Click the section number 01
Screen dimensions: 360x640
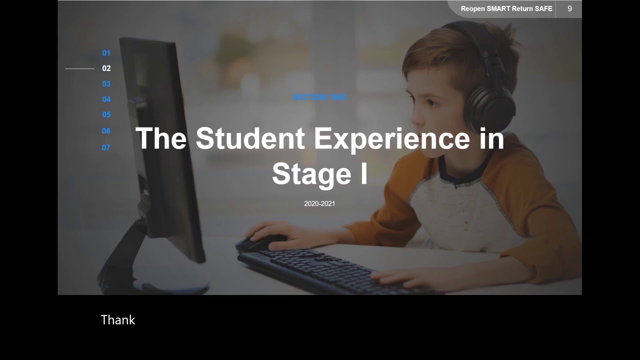(x=106, y=53)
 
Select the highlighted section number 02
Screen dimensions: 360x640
(x=106, y=68)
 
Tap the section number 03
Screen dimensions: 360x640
(x=106, y=84)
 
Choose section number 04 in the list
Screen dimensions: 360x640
(x=106, y=99)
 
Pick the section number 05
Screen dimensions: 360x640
(x=106, y=114)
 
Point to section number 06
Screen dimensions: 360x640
(x=106, y=131)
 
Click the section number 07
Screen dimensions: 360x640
(x=106, y=147)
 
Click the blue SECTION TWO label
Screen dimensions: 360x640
(x=319, y=97)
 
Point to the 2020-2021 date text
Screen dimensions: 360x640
(x=319, y=203)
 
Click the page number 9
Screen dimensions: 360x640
(x=569, y=8)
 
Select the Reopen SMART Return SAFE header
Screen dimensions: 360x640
(x=506, y=9)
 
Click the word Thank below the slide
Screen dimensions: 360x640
(x=118, y=320)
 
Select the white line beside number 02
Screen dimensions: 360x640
(x=80, y=68)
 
